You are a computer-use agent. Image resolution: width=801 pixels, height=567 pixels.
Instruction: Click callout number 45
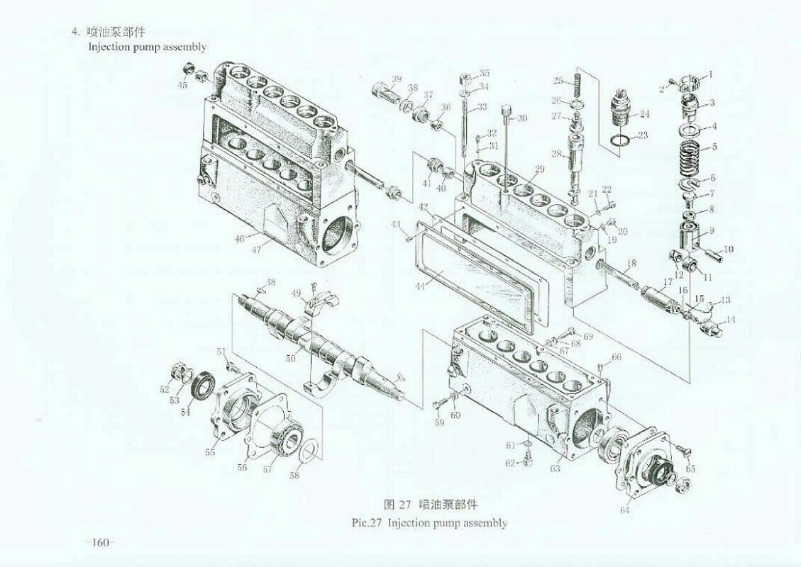point(182,85)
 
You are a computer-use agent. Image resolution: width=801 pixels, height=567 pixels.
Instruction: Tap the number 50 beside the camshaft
point(290,359)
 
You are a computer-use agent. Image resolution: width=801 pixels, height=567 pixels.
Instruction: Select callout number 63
point(556,468)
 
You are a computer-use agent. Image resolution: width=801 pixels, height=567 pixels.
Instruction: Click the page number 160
point(100,542)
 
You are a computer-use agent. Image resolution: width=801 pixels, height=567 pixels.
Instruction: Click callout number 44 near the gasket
point(419,287)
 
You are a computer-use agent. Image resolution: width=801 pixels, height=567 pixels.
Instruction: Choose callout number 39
point(397,79)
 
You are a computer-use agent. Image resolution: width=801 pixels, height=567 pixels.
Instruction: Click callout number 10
point(729,249)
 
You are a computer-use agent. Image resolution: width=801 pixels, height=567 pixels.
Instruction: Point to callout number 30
point(521,118)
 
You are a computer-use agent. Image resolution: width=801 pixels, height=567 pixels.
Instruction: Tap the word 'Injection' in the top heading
point(109,47)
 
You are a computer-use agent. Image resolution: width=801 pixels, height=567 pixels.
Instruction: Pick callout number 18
point(632,264)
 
